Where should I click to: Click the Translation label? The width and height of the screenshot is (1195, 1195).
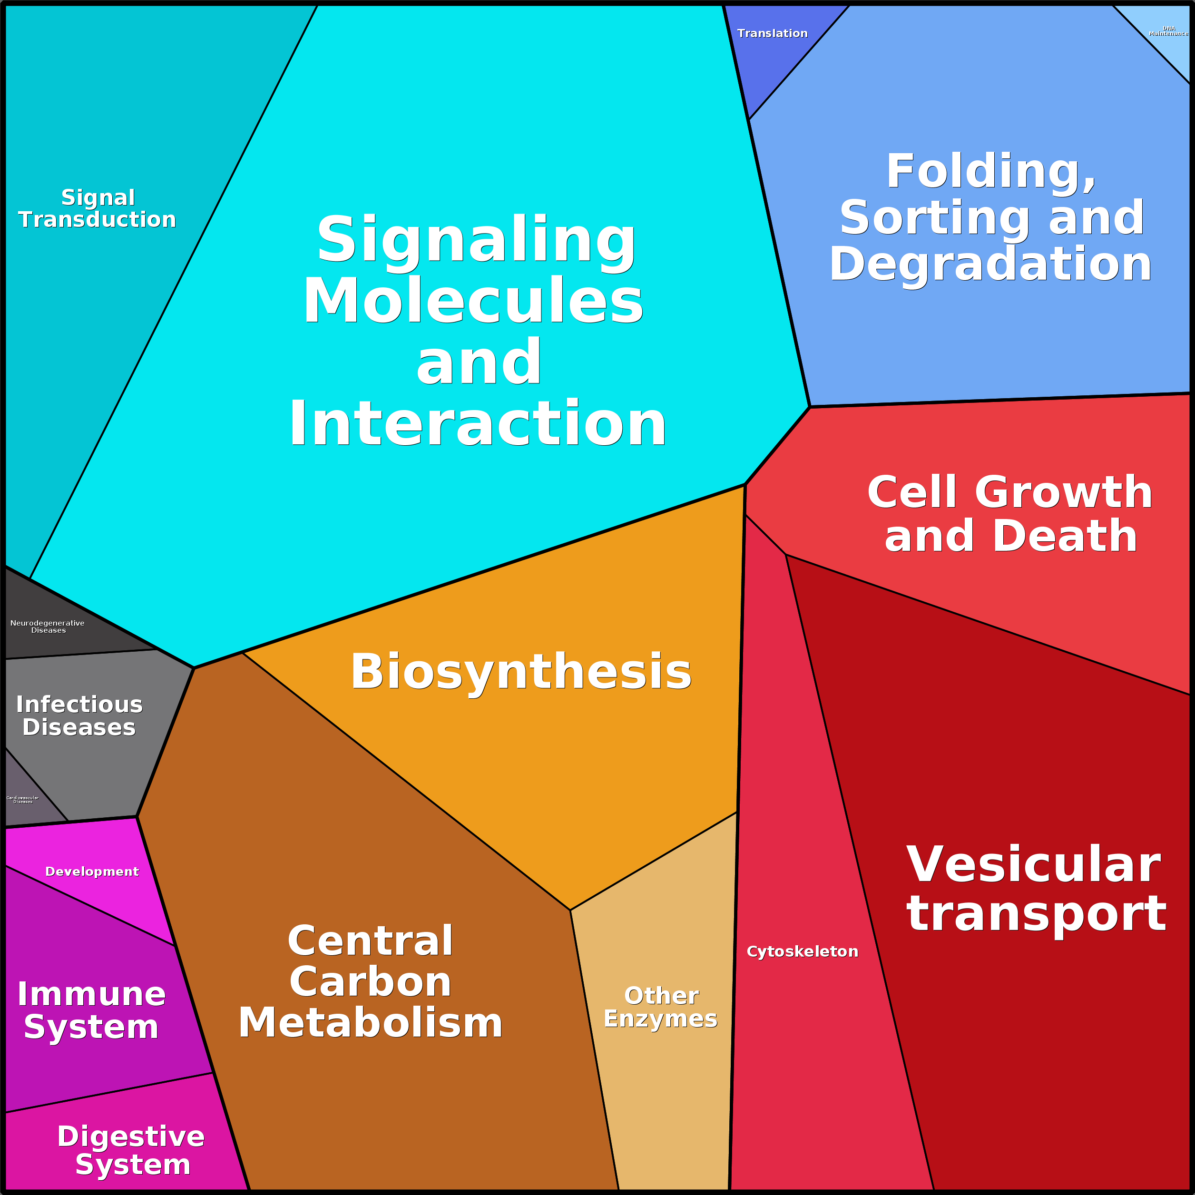pyautogui.click(x=772, y=33)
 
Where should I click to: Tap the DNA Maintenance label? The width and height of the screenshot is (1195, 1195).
pyautogui.click(x=1168, y=31)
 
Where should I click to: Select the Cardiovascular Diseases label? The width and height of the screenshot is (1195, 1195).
pyautogui.click(x=23, y=800)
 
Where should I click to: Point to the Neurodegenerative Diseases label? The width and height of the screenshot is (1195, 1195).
pyautogui.click(x=48, y=627)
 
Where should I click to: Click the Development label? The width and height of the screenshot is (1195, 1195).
pyautogui.click(x=92, y=872)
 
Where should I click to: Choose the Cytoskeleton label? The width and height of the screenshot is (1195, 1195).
pyautogui.click(x=802, y=951)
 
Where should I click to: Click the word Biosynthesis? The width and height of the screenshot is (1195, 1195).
pyautogui.click(x=521, y=672)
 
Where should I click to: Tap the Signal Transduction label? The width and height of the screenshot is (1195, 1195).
pyautogui.click(x=98, y=208)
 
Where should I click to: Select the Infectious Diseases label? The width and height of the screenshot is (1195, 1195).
pyautogui.click(x=79, y=715)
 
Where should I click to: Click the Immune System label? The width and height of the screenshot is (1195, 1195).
pyautogui.click(x=91, y=1011)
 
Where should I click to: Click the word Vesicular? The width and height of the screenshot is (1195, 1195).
pyautogui.click(x=1033, y=865)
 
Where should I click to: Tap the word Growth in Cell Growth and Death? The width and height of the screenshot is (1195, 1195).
pyautogui.click(x=1063, y=493)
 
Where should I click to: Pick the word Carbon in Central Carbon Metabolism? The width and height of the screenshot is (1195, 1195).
pyautogui.click(x=371, y=982)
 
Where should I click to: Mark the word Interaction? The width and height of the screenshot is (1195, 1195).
pyautogui.click(x=478, y=424)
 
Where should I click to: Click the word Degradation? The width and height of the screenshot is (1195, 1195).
pyautogui.click(x=990, y=264)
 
